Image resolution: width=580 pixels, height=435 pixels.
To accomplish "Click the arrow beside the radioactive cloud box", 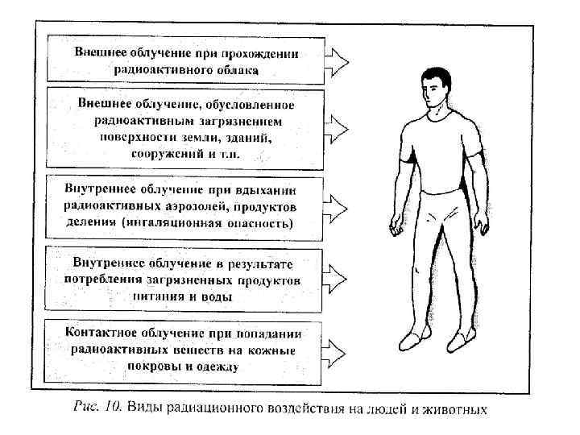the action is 337,59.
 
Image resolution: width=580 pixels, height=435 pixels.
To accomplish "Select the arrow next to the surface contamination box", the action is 337,128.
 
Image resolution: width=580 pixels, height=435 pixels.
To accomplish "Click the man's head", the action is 440,85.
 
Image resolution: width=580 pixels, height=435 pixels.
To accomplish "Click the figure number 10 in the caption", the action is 111,408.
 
